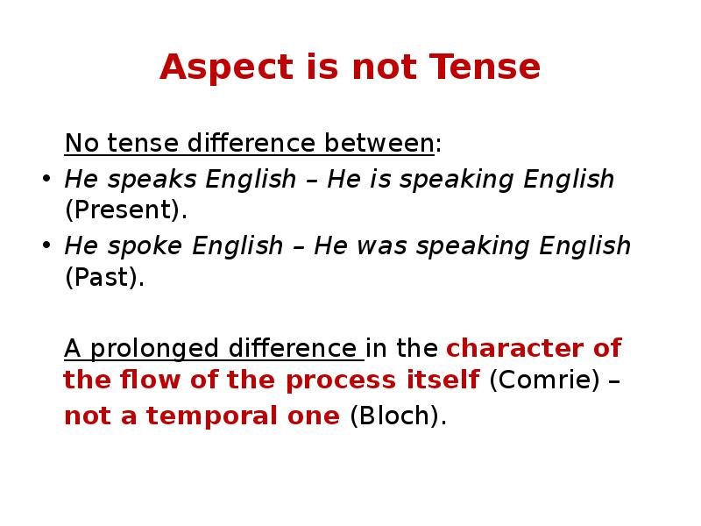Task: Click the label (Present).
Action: tap(126, 210)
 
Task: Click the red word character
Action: tap(519, 348)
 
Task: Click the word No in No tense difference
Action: tap(77, 142)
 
